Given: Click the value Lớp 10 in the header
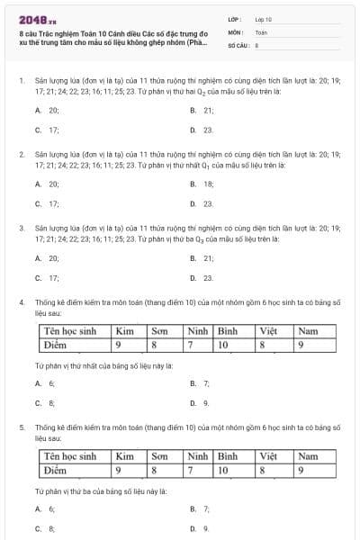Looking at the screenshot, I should [263, 19].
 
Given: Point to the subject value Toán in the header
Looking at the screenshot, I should [261, 31].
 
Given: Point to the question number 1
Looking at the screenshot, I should [21, 80].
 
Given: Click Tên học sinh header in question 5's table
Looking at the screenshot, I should [70, 457].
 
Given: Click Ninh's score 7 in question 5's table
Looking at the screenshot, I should [191, 470].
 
